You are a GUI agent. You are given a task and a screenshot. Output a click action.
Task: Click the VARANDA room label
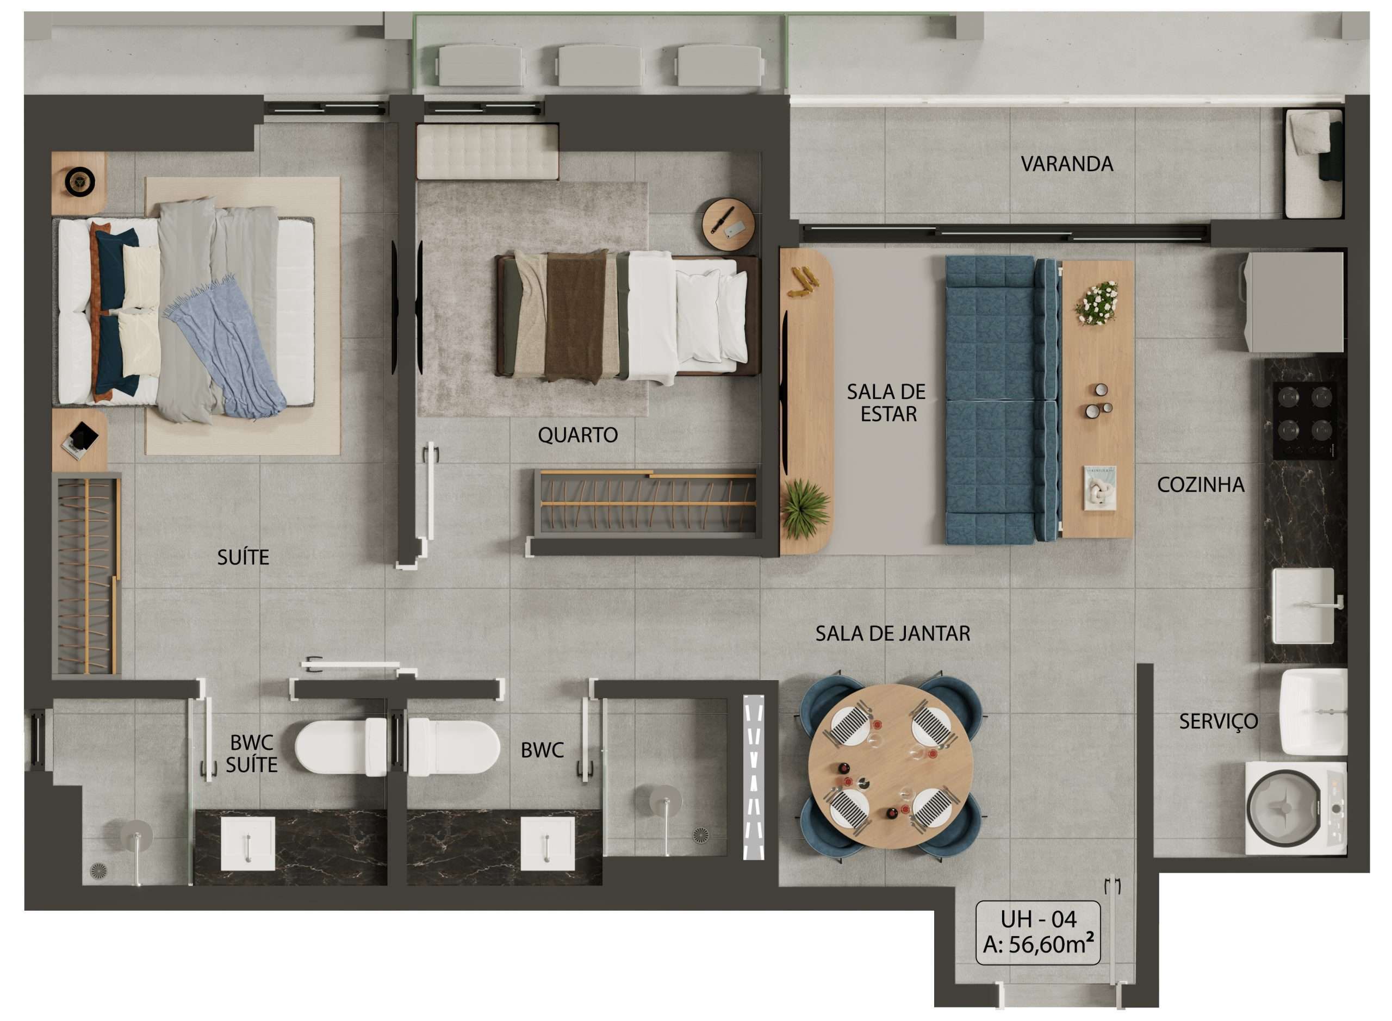tap(1066, 164)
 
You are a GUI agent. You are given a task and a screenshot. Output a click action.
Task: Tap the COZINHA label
tap(1201, 484)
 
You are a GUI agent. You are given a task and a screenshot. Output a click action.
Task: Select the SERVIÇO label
tap(1219, 721)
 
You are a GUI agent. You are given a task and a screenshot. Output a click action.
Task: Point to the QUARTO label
tap(577, 435)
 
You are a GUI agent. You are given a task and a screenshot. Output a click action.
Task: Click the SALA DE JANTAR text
tap(892, 633)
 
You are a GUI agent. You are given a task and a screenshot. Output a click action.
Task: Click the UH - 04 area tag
tap(1038, 932)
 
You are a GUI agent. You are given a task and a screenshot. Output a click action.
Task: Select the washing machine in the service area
tap(1296, 807)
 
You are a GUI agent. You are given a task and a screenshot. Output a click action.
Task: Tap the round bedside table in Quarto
tap(728, 223)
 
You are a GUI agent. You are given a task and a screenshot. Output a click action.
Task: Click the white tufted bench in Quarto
tap(488, 152)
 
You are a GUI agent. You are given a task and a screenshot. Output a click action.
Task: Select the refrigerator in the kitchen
tap(1294, 302)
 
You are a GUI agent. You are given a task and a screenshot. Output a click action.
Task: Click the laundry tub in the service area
tap(1313, 711)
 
